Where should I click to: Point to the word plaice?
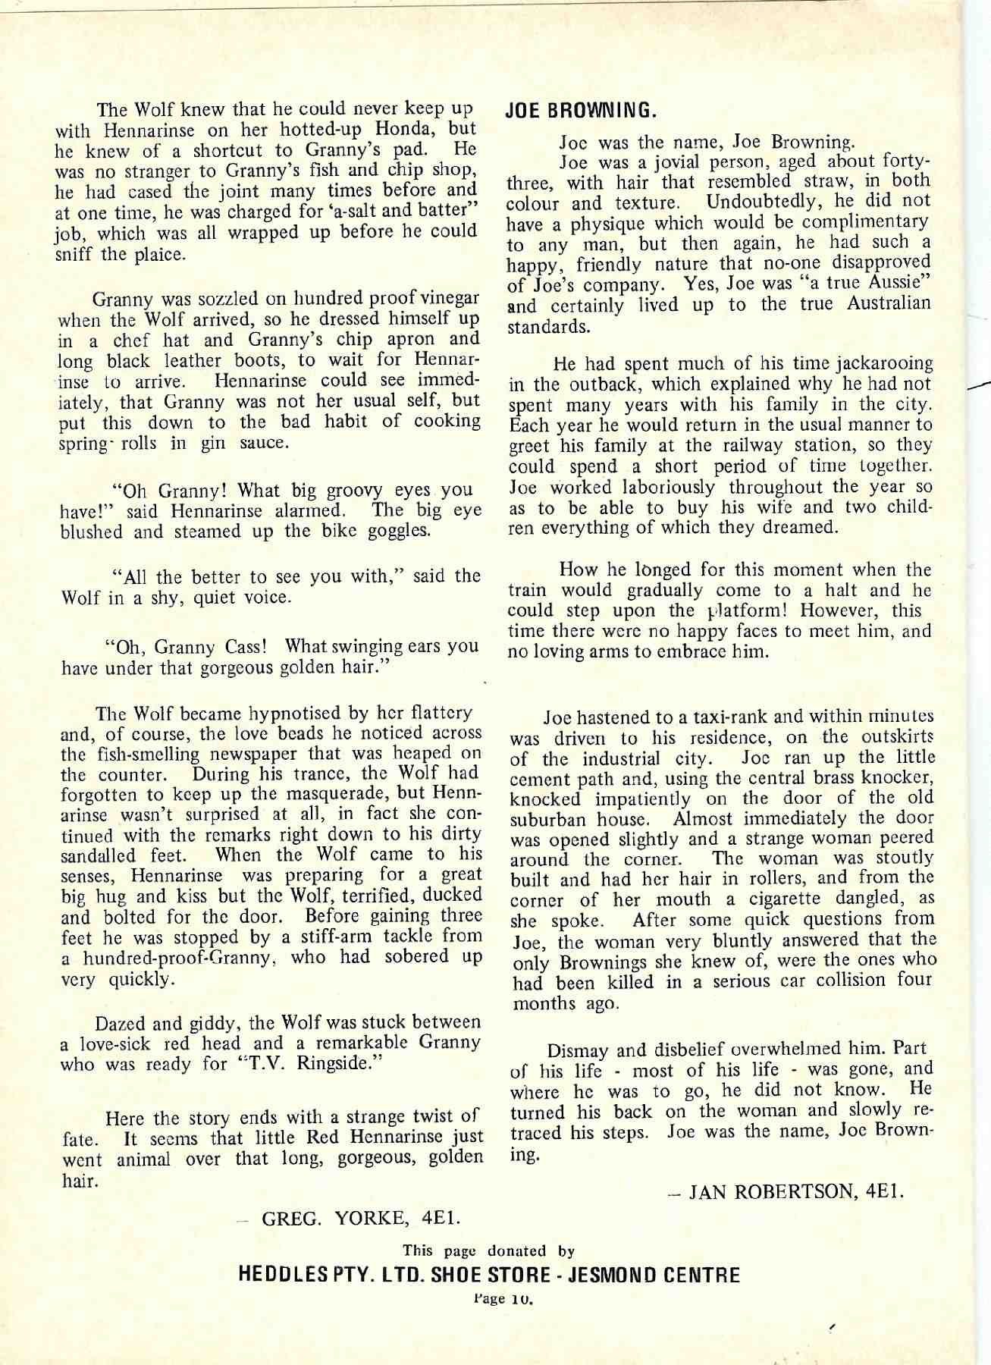[159, 254]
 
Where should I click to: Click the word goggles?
[399, 530]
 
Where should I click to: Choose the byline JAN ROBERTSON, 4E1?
[795, 1192]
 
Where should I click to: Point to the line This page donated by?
[489, 1251]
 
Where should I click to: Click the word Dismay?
[578, 1051]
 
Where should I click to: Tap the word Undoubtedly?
[767, 202]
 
